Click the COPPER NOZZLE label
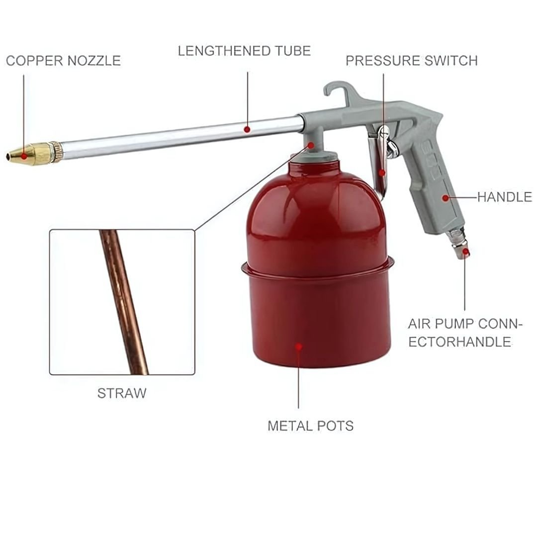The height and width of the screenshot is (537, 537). (63, 61)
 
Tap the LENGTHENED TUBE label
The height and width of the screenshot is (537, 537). (244, 51)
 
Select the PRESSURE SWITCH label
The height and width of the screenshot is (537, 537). (411, 61)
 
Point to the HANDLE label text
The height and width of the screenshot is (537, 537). (505, 197)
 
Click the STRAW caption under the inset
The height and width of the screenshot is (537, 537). (122, 393)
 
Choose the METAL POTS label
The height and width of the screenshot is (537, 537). (310, 426)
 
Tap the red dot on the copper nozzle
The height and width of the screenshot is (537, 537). (24, 156)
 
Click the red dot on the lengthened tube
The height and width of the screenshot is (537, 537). (247, 129)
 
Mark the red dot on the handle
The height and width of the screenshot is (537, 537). (445, 198)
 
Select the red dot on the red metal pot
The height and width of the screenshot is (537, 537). (299, 347)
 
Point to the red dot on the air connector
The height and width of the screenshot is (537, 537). (465, 253)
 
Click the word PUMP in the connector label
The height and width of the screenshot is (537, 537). (456, 324)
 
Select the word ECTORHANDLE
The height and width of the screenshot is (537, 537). (459, 342)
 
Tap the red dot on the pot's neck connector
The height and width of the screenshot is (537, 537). (311, 145)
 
